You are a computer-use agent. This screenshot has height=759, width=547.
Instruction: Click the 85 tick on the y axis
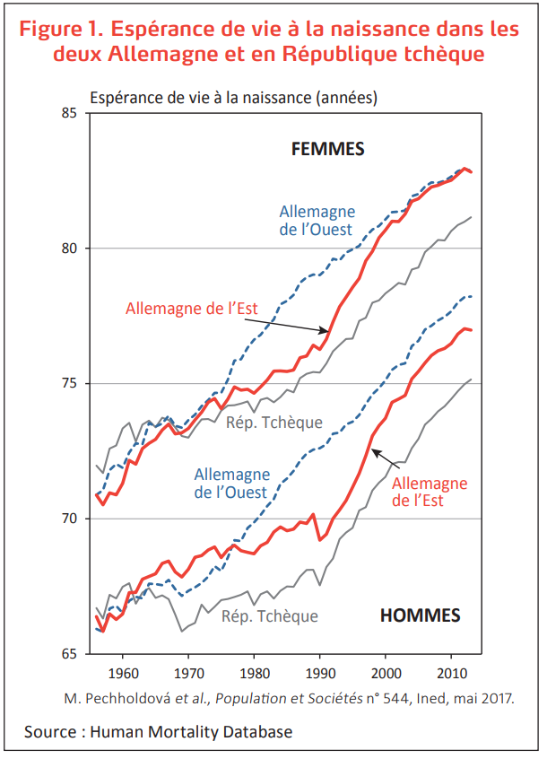[75, 113]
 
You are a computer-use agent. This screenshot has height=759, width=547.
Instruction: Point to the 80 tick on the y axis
[75, 249]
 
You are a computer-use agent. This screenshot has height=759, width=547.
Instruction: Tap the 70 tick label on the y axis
[75, 519]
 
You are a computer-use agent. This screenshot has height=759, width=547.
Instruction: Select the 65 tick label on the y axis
[75, 655]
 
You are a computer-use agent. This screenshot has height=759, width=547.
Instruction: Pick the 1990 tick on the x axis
[319, 672]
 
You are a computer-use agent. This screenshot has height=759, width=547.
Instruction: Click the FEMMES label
[328, 149]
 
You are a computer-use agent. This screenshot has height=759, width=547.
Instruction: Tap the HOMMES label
[420, 615]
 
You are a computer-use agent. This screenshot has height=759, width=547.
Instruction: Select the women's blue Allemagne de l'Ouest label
[317, 221]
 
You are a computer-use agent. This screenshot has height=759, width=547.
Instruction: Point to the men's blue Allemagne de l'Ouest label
[230, 484]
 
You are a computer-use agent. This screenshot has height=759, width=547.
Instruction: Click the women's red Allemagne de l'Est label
[192, 308]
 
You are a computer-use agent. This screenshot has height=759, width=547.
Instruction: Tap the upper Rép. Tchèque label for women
[273, 423]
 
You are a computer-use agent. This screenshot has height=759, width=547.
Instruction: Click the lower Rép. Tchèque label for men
[270, 616]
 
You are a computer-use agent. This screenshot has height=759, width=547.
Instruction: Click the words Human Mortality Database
[191, 732]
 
